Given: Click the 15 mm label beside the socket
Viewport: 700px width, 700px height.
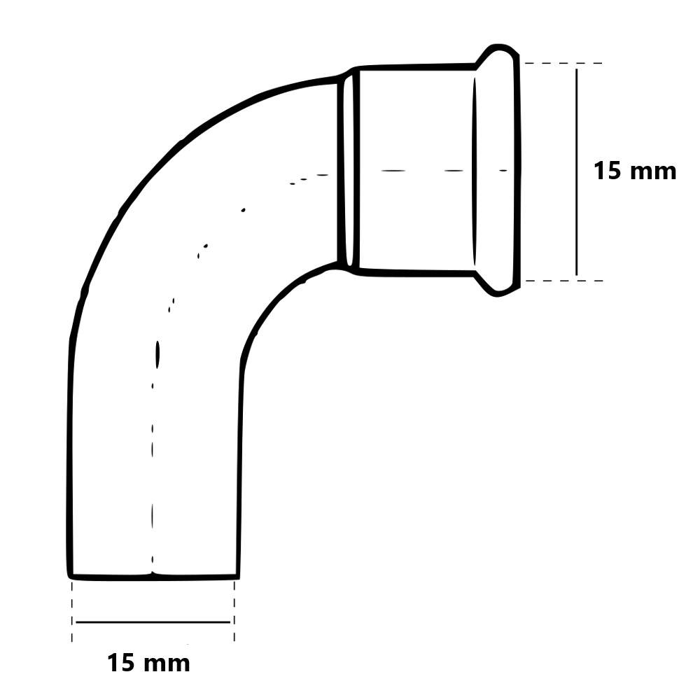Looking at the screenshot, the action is coord(634,171).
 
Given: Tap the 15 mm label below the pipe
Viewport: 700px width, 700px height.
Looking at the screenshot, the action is coord(148,663).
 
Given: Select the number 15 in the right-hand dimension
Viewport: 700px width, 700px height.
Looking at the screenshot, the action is coord(607,171).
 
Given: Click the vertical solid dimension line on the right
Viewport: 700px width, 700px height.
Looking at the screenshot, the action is coord(576,172).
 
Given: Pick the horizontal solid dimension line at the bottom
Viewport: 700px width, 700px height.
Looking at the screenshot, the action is coord(153,622).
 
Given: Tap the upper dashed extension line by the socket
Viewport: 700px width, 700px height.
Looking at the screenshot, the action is coord(563,64).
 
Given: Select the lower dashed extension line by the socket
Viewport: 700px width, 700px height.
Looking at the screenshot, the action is coord(564,281).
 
